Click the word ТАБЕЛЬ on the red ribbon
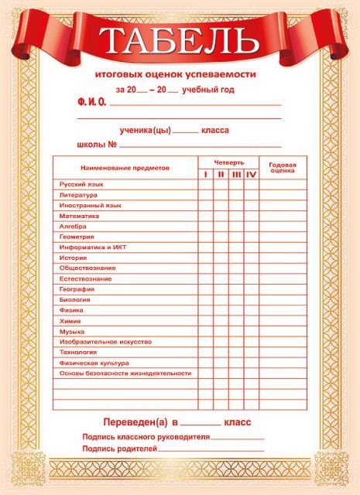point(180,39)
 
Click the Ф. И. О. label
point(92,102)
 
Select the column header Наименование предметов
point(124,168)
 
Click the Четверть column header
point(229,162)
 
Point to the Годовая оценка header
point(282,167)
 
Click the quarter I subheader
point(205,174)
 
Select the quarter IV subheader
point(251,174)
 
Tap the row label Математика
point(79,216)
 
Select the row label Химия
point(70,320)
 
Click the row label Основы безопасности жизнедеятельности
point(125,373)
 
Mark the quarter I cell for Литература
point(205,195)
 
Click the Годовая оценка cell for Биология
point(282,299)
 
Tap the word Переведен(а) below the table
point(135,422)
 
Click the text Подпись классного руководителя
point(146,437)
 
